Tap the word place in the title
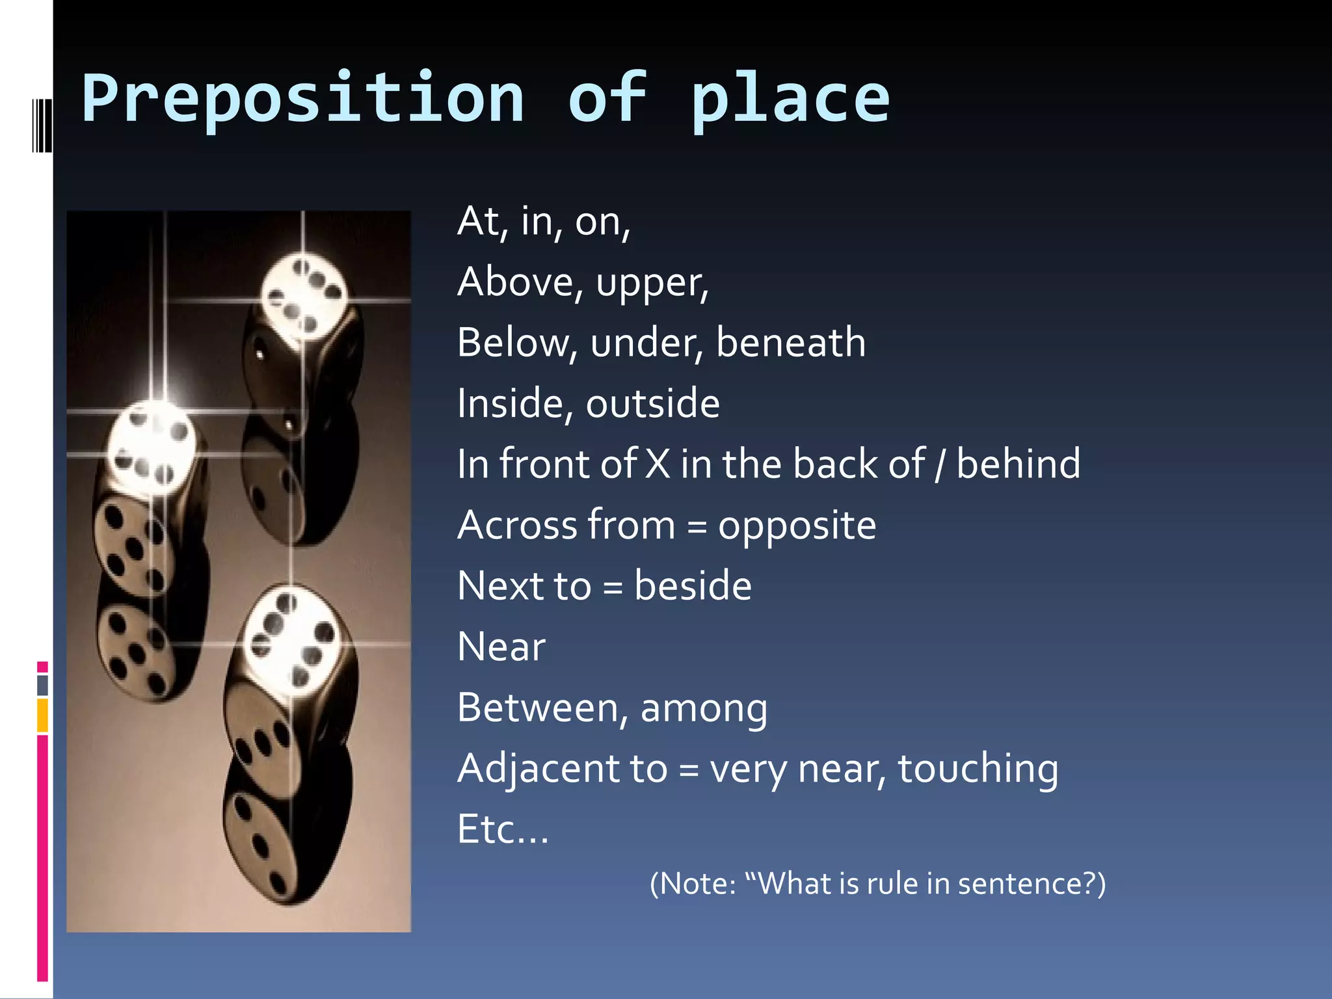click(x=790, y=99)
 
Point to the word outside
click(x=652, y=403)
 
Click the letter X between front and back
click(x=658, y=464)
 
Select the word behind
click(x=1018, y=464)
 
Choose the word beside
click(x=693, y=585)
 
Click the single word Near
click(x=501, y=647)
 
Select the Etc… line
click(x=503, y=829)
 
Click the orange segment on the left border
click(x=42, y=715)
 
